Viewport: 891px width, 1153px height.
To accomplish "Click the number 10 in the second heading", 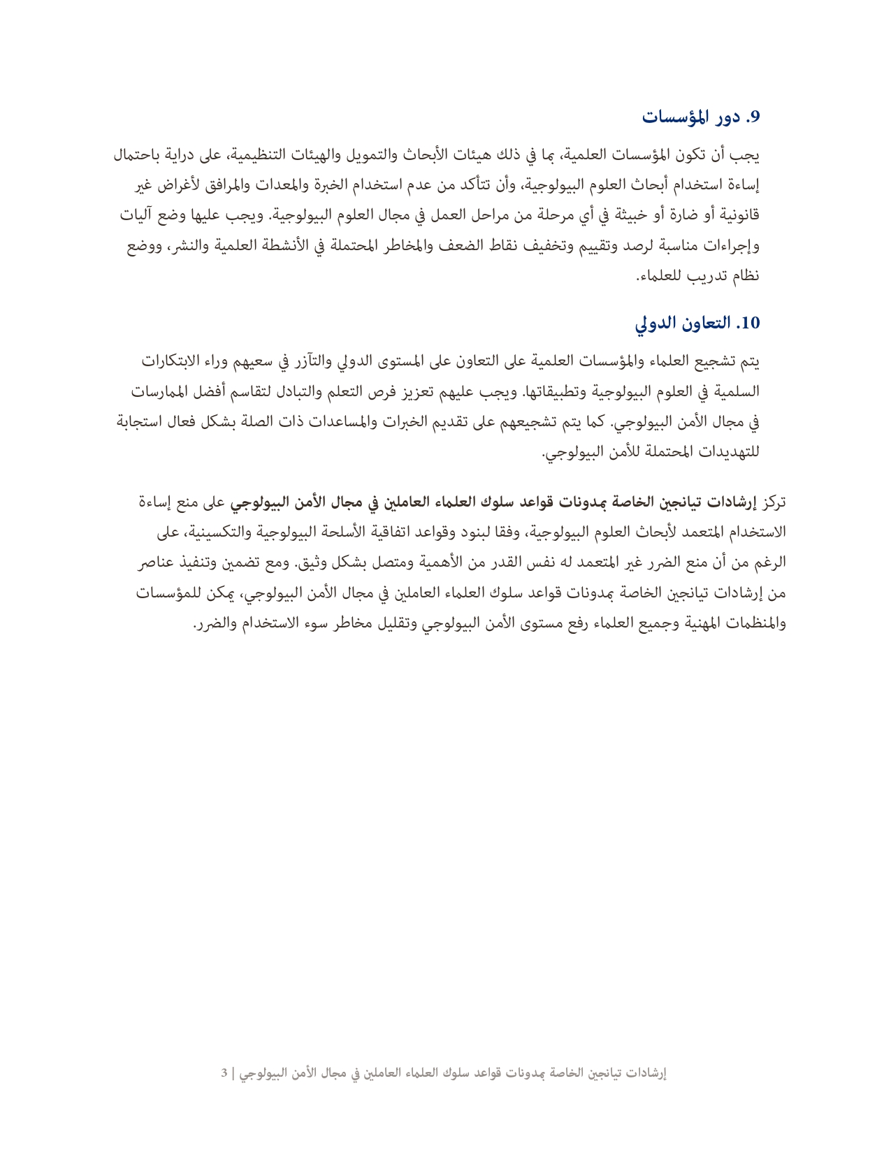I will pyautogui.click(x=748, y=323).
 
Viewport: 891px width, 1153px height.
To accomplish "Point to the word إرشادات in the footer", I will pyautogui.click(x=644, y=1073).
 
